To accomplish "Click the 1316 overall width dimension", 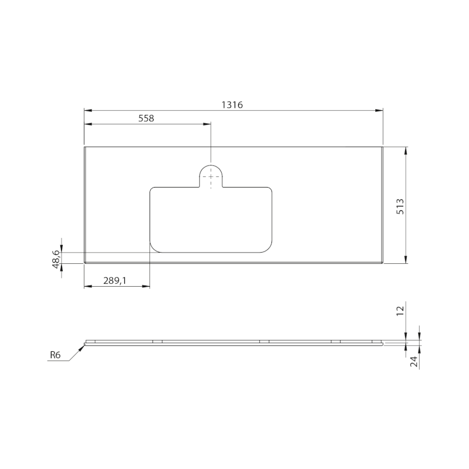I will [x=232, y=104].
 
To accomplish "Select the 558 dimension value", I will [x=145, y=118].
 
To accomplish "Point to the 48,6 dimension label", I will [x=56, y=258].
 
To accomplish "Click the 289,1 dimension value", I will [x=115, y=281].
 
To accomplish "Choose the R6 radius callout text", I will [x=55, y=355].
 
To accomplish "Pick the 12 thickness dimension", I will [x=400, y=311].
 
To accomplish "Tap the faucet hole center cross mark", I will [x=210, y=176].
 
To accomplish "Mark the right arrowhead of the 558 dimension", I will [x=208, y=124].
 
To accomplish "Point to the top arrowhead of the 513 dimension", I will [x=406, y=149].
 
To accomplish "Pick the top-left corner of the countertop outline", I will [x=84, y=147].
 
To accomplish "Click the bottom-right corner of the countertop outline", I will [x=383, y=263].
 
